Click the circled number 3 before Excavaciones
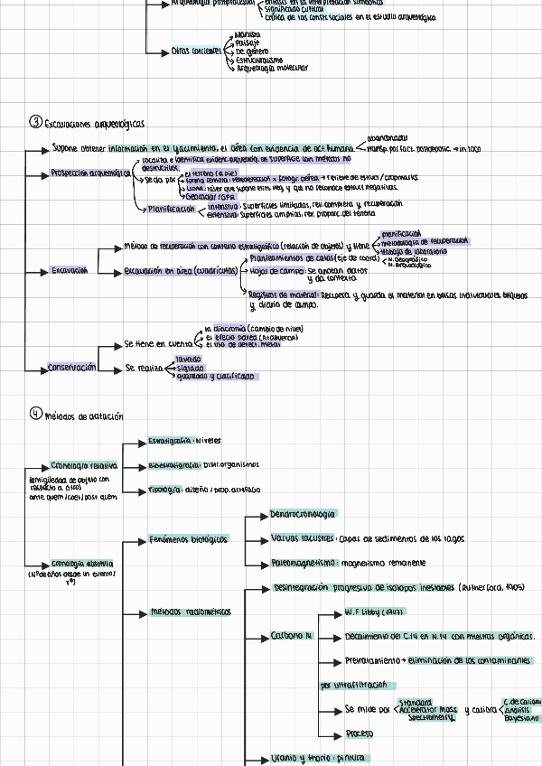pos(35,122)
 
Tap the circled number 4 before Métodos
pos(35,414)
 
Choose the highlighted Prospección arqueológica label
pos(91,173)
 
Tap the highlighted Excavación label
pos(70,270)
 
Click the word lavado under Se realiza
pos(188,360)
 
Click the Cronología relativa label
pos(84,465)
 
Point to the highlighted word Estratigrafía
pos(170,442)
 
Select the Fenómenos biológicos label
pos(188,539)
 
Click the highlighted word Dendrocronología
pos(303,514)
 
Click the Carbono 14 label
pos(291,636)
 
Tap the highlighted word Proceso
pos(359,733)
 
